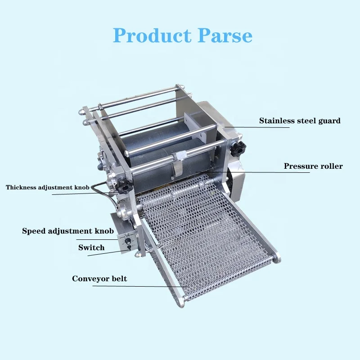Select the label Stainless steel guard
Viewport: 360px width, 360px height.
point(300,121)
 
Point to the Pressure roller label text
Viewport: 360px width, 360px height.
point(313,166)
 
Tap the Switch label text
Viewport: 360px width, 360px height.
point(91,247)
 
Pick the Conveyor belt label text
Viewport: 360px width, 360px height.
point(99,279)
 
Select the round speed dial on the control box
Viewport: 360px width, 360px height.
point(127,241)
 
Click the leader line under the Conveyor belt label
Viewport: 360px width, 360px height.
point(139,286)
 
